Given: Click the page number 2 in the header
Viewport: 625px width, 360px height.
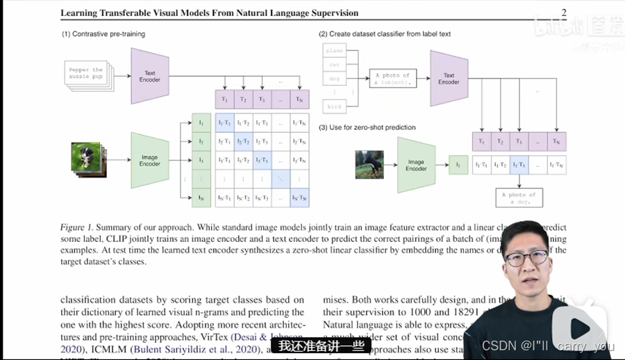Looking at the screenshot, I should tap(564, 13).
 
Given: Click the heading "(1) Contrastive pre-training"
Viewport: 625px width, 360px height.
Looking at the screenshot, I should tap(103, 33).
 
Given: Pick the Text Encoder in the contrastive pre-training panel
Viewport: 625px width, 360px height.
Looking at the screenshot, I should tap(149, 76).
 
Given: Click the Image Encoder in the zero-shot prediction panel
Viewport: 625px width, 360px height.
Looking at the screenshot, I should tap(416, 165).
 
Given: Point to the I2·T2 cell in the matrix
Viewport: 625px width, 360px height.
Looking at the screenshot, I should tap(243, 141).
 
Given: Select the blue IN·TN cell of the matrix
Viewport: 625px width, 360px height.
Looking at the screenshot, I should tap(299, 198).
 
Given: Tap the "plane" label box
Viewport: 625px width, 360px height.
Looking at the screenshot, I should tap(335, 51).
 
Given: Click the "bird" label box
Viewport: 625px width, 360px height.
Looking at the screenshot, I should tap(335, 106).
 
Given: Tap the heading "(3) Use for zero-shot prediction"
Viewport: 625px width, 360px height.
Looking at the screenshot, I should tap(367, 127).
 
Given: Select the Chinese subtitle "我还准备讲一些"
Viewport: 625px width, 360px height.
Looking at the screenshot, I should tap(321, 346).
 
